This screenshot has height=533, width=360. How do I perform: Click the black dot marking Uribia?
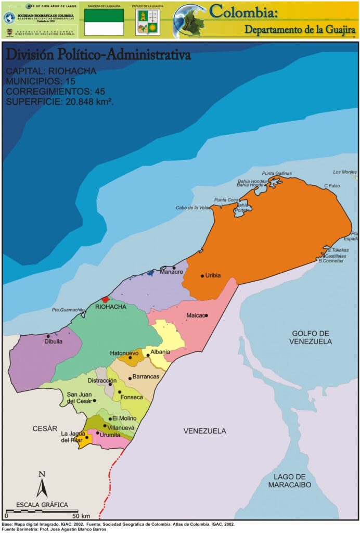coord(202,276)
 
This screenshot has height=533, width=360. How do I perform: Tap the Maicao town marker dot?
coord(207,315)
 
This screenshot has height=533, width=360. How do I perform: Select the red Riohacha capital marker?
coord(106,299)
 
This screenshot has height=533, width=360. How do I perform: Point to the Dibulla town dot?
coord(48,336)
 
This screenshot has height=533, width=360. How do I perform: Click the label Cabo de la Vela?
coord(192,208)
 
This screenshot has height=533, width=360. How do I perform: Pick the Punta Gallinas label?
coord(277,173)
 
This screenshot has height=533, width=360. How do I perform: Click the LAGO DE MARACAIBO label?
coord(290,480)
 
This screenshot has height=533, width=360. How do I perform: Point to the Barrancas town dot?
coord(130,378)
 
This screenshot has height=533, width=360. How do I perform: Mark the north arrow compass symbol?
coord(42,485)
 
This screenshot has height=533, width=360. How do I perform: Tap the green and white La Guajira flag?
coord(104,22)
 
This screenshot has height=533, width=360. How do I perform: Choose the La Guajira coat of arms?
coord(147,22)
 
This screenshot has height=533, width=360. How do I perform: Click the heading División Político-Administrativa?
coord(98,55)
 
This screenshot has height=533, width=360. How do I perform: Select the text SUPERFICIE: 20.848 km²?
coord(60,101)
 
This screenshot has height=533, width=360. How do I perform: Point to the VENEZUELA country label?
coord(204,431)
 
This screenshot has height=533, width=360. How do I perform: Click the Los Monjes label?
coord(344,172)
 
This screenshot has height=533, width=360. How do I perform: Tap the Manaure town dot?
coord(174,268)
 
